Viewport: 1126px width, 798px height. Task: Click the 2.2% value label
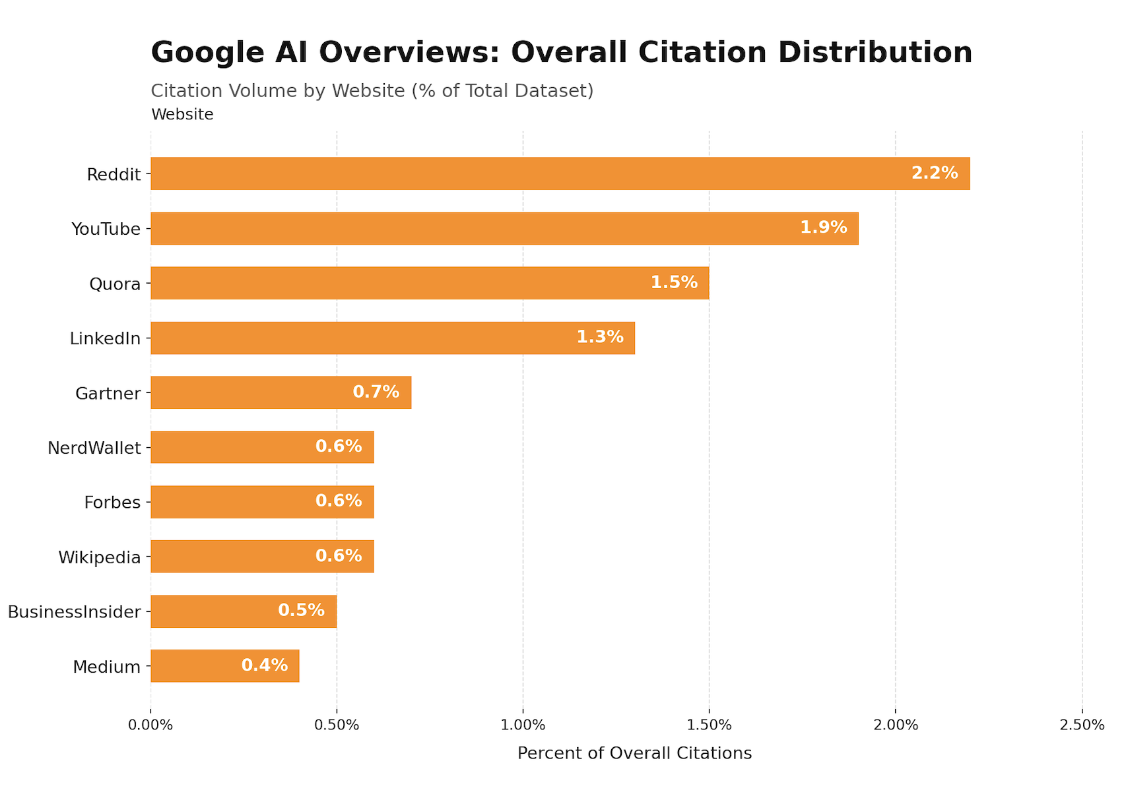934,173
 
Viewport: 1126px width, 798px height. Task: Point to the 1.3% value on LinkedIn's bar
599,338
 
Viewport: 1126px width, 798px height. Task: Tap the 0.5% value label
301,611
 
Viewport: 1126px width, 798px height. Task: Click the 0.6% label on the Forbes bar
339,501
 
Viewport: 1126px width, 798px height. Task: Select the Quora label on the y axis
115,284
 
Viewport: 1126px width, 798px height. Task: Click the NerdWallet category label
94,448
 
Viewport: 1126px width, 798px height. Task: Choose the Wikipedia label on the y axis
99,558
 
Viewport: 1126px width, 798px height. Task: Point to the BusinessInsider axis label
74,612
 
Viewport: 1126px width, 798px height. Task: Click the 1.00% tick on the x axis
523,725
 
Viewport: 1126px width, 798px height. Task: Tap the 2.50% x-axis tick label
1081,725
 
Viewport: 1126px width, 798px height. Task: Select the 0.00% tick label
150,725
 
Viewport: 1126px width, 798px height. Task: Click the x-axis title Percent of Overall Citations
634,753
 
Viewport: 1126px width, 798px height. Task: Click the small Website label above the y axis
182,115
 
